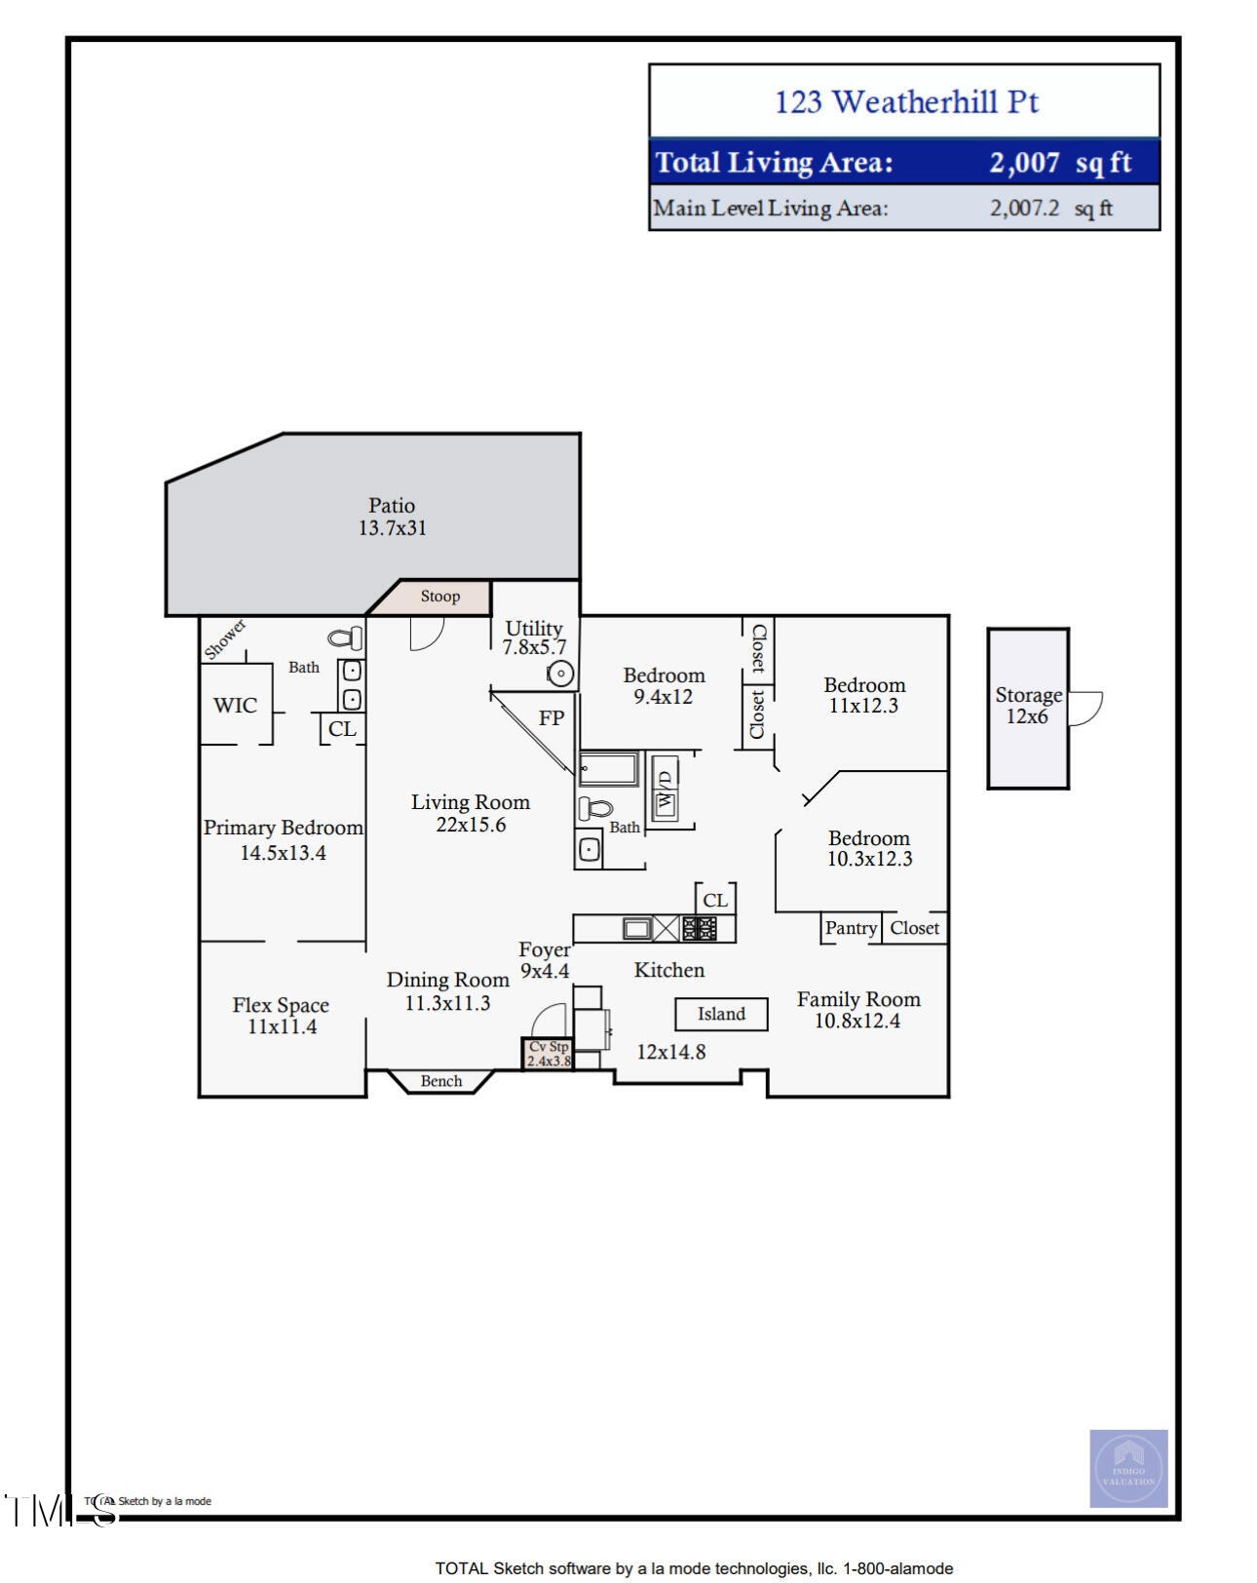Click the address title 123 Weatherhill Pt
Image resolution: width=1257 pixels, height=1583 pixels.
[x=905, y=101]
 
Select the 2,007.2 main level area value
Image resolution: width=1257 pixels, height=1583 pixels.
[x=1024, y=208]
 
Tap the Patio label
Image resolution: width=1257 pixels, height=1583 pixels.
[x=392, y=506]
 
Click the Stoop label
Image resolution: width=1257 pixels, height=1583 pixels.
[x=439, y=597]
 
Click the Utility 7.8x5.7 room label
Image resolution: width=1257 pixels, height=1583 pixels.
[x=534, y=637]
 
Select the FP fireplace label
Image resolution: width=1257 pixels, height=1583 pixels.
[x=552, y=718]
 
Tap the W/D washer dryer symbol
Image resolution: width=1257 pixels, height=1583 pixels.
[x=666, y=788]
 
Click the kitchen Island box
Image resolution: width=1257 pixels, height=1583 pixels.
[x=721, y=1014]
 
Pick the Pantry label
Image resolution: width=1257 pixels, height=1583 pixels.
[x=851, y=928]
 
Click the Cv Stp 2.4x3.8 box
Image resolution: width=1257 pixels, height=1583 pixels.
[x=549, y=1054]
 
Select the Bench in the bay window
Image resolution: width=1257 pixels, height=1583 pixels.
[x=441, y=1081]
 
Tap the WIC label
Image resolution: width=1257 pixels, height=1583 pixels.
[x=236, y=705]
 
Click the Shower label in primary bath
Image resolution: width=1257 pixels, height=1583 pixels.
[x=225, y=639]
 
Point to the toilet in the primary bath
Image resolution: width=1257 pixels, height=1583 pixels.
[x=346, y=638]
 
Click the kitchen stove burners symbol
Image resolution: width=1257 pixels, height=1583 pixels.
[x=699, y=928]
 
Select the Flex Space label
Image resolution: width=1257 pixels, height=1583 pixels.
[x=281, y=1005]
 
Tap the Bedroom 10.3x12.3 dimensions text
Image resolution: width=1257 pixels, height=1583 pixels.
[x=869, y=859]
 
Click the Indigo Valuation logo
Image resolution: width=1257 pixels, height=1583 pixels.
[x=1127, y=1468]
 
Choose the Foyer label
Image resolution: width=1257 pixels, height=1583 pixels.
[x=544, y=949]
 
